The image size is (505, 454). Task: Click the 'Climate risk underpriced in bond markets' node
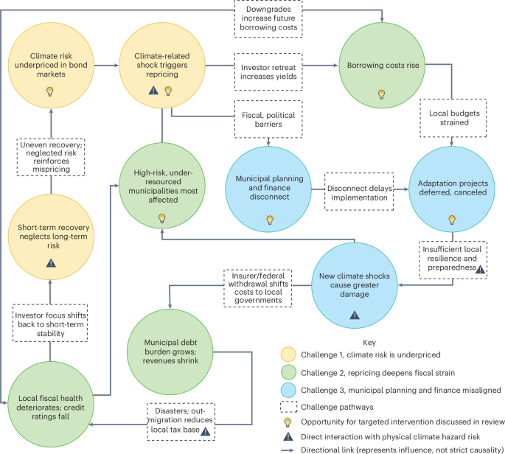[50, 66]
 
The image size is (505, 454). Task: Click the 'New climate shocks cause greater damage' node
[355, 284]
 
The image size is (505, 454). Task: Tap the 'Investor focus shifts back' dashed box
[50, 319]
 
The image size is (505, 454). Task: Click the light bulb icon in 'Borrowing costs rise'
[381, 94]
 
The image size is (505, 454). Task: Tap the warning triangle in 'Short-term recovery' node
[50, 262]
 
